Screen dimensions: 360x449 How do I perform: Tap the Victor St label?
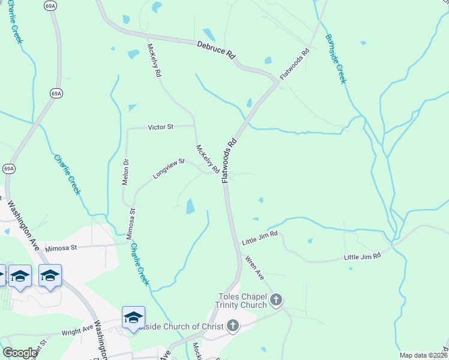click(x=161, y=127)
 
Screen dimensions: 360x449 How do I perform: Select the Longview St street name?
click(x=169, y=169)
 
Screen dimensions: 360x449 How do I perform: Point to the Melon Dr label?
click(x=126, y=172)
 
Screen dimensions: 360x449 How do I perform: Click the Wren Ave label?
click(x=254, y=268)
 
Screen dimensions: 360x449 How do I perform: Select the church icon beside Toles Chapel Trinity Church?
click(x=276, y=299)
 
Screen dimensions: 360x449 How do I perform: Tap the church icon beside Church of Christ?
click(x=233, y=326)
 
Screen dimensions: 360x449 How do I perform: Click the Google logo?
click(x=20, y=353)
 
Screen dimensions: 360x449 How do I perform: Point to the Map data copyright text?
click(x=424, y=355)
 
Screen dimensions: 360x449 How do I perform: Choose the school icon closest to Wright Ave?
click(x=133, y=317)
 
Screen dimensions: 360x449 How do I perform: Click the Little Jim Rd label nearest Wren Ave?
click(x=260, y=238)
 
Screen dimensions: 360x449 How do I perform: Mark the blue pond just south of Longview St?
click(x=190, y=207)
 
